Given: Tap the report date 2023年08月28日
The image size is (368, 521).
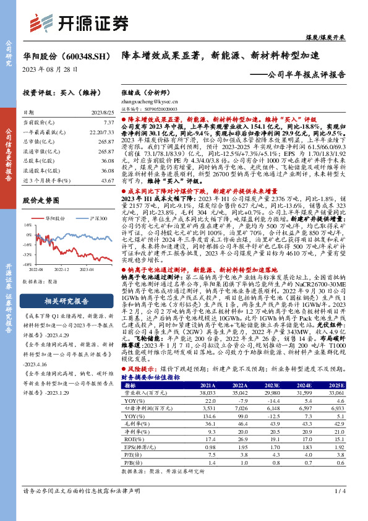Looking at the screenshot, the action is [50, 69].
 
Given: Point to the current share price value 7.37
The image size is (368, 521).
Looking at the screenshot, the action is [108, 123].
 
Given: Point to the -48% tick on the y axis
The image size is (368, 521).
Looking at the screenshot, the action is [28, 264].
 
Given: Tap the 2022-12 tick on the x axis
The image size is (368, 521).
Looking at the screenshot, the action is [61, 270].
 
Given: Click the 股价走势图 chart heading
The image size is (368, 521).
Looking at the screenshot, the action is [41, 200].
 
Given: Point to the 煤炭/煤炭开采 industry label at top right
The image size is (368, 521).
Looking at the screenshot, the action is [343, 37].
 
